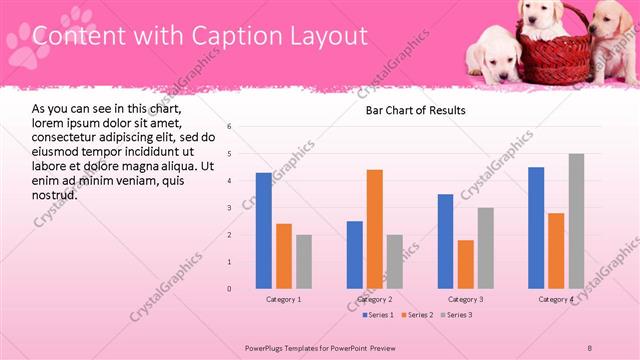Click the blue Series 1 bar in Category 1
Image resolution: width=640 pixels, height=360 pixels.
[x=264, y=231]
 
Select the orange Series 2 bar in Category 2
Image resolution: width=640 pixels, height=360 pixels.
[x=375, y=229]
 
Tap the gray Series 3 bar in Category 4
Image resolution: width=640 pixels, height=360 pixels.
[x=576, y=221]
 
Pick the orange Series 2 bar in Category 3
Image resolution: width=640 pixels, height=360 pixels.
[x=466, y=264]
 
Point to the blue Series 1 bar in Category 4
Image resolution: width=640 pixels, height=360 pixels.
[x=536, y=228]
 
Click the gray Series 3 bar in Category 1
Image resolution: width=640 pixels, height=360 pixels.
[x=304, y=262]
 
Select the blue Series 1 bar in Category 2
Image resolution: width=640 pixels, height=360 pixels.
[x=355, y=255]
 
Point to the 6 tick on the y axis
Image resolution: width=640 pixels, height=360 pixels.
[x=230, y=127]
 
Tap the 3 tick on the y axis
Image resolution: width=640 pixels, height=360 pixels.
[x=230, y=208]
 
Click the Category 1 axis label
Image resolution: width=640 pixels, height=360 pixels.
[x=284, y=299]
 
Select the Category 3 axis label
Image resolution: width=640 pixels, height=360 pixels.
[x=466, y=299]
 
